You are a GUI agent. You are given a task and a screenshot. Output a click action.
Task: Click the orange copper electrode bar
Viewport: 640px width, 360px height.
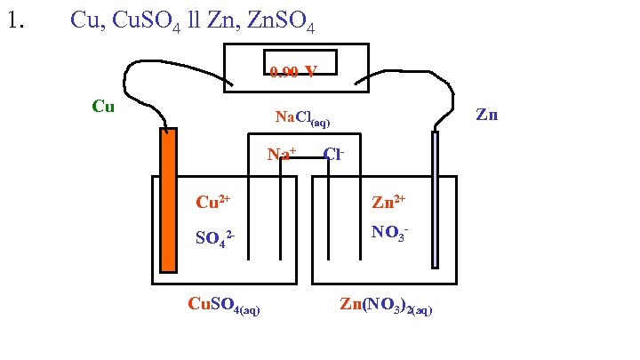tap(168, 200)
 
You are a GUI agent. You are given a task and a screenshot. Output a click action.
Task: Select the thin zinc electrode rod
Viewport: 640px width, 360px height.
tap(435, 199)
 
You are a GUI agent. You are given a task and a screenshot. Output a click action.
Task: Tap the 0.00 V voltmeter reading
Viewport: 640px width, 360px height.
tap(294, 71)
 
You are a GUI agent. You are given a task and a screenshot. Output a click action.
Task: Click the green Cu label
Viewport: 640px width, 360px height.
tap(103, 107)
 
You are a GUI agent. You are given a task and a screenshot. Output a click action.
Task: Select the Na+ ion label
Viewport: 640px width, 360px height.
tap(282, 155)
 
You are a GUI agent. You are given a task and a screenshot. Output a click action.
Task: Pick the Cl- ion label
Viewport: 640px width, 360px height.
tap(334, 154)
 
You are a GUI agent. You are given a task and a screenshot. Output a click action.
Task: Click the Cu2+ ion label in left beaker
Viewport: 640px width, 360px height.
tap(212, 201)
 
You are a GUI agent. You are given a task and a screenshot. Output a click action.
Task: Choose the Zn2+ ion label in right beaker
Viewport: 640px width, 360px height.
tap(388, 202)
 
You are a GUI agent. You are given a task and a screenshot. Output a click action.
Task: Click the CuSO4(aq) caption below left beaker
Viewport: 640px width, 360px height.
tap(224, 306)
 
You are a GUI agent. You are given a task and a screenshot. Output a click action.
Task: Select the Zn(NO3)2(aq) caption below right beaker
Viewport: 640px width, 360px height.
tap(386, 306)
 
